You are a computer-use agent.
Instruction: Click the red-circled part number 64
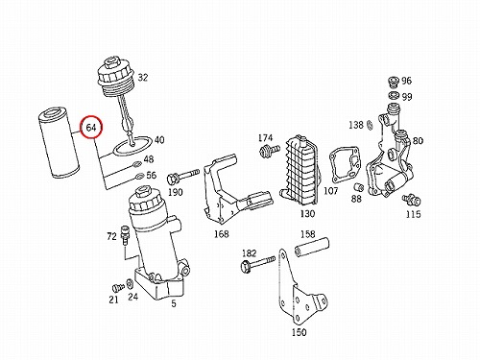click(91, 128)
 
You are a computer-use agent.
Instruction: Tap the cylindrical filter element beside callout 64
click(59, 143)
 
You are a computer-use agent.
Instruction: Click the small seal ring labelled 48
click(136, 165)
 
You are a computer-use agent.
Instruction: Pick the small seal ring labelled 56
click(140, 176)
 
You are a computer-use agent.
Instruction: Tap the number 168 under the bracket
click(222, 234)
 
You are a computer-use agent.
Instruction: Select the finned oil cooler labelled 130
click(300, 171)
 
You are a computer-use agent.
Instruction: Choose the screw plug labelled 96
click(393, 82)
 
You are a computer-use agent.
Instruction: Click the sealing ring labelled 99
click(394, 95)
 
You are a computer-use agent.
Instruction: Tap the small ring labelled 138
click(369, 125)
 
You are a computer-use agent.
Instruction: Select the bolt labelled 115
click(411, 200)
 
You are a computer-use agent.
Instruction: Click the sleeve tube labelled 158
click(311, 247)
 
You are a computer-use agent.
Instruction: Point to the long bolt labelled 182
click(257, 264)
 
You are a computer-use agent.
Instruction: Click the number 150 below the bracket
click(299, 332)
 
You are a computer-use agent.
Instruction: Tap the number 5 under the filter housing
click(174, 303)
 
